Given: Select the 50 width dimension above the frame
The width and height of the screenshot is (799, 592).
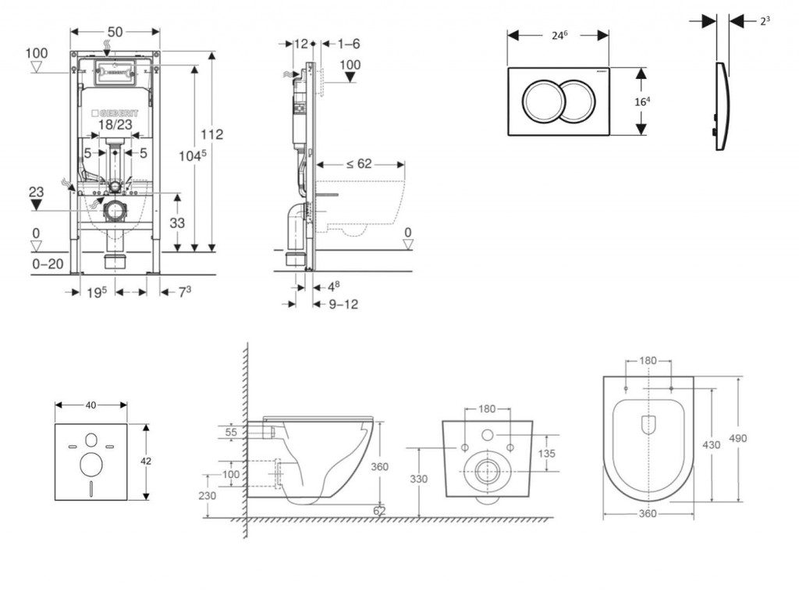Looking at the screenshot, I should click(115, 31).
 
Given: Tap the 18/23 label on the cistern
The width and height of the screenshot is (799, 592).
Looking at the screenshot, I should click(115, 124).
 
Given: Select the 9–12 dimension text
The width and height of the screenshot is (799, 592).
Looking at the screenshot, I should click(343, 303).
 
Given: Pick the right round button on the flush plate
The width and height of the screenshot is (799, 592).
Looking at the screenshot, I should click(577, 102).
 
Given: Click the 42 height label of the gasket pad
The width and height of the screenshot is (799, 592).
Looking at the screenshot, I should click(146, 462).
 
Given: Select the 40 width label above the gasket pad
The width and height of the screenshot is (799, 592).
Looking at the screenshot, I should click(91, 405).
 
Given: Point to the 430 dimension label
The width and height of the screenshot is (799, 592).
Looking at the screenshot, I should click(711, 443).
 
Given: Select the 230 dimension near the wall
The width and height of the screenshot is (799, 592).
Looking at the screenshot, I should click(207, 495).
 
